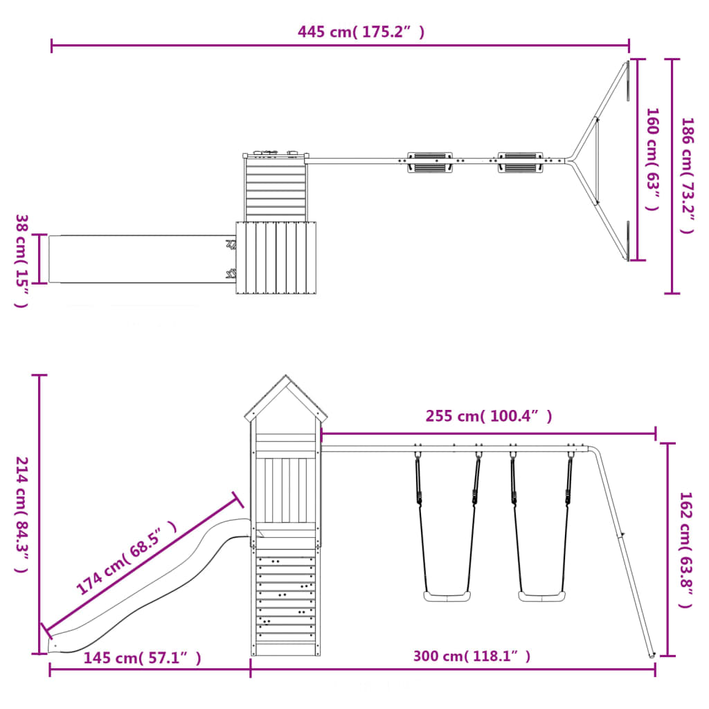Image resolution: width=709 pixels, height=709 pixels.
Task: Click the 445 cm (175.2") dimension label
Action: (361, 32)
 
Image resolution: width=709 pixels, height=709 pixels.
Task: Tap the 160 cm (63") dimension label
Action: (652, 159)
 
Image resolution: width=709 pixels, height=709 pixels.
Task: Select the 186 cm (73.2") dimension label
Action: (688, 175)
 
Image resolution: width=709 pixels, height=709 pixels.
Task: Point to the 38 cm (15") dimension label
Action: (21, 261)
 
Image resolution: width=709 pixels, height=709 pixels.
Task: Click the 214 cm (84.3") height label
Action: (21, 514)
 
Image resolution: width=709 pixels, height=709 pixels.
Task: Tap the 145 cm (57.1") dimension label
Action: (142, 658)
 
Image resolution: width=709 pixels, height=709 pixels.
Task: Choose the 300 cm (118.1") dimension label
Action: (472, 656)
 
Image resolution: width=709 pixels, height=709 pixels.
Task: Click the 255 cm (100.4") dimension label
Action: (489, 416)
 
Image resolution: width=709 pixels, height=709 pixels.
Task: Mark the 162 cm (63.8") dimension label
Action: (686, 550)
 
